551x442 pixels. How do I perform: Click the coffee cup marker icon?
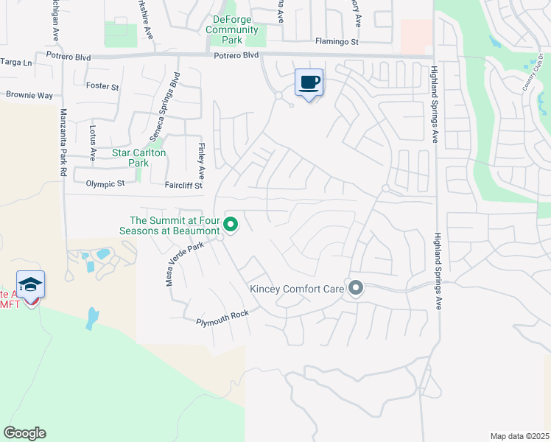[309, 82]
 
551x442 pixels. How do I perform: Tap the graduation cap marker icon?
[31, 284]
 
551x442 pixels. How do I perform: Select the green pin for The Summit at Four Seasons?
[231, 225]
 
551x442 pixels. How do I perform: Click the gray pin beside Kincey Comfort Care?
[356, 288]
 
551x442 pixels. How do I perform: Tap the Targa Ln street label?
[17, 63]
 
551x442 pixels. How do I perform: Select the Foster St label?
[102, 86]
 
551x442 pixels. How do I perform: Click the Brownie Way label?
[29, 95]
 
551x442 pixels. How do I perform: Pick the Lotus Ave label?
[93, 143]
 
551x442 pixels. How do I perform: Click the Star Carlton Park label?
[138, 158]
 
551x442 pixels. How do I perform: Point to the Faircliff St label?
[183, 186]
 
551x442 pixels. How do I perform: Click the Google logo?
[24, 433]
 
